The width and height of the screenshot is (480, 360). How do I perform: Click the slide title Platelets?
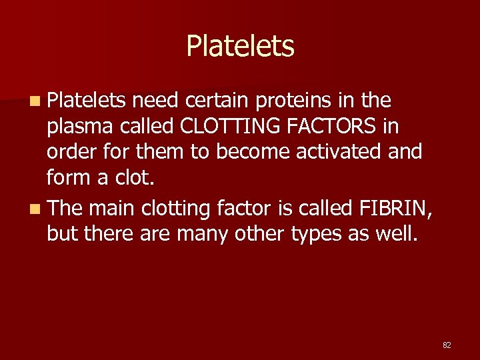[x=240, y=46]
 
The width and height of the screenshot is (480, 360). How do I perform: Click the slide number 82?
[x=447, y=345]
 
